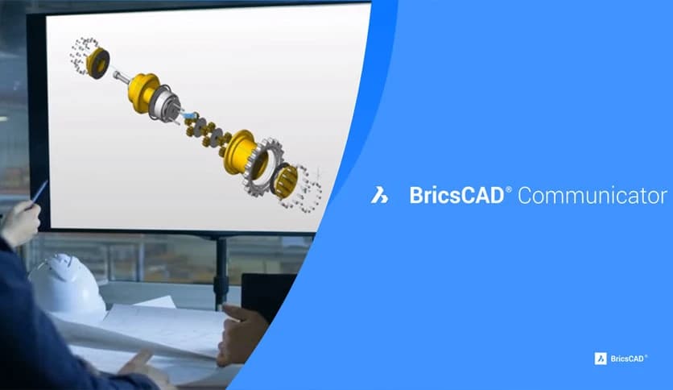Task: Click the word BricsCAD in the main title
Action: click(456, 195)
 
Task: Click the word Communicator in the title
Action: click(592, 195)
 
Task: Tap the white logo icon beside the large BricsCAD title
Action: click(379, 195)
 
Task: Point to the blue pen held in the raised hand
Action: click(39, 191)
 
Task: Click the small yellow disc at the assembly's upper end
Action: click(98, 62)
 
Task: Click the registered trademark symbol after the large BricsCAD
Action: click(508, 188)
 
